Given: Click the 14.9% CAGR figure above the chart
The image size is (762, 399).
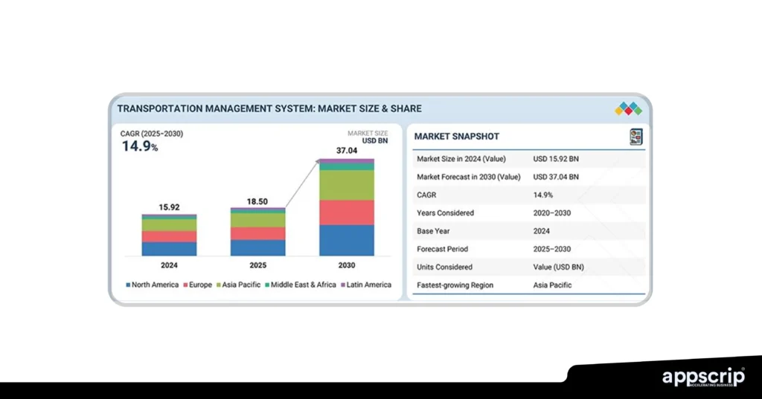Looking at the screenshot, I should click(x=140, y=146).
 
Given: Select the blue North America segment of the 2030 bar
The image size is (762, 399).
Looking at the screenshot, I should click(x=347, y=240).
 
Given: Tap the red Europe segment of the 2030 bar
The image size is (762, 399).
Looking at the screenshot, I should click(x=347, y=212).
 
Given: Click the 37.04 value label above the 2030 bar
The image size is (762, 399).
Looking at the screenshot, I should click(x=347, y=150).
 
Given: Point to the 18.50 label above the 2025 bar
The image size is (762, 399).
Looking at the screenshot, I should click(x=257, y=201).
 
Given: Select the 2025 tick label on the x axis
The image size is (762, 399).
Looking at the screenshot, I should click(x=257, y=265).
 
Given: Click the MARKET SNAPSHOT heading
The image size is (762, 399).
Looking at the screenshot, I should click(x=456, y=137).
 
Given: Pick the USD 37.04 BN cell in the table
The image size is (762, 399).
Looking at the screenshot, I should click(x=556, y=177).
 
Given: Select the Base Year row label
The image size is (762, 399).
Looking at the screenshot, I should click(x=435, y=231).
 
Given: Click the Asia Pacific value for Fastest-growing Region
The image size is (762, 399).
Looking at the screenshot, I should click(x=552, y=285).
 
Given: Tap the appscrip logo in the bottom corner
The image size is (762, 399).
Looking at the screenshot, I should click(x=703, y=377).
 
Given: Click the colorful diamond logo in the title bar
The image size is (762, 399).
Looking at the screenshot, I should click(x=628, y=109).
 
